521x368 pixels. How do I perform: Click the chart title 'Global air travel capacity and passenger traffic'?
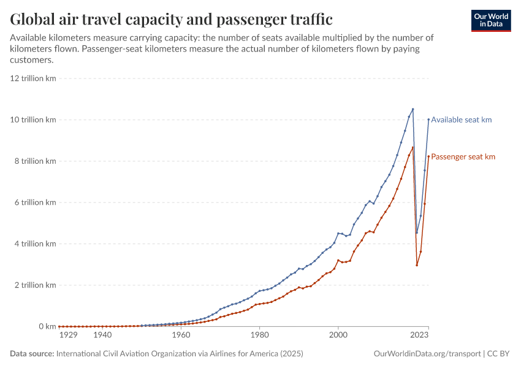click(x=172, y=20)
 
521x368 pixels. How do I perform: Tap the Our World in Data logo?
click(x=490, y=20)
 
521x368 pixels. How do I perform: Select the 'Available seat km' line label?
click(x=461, y=120)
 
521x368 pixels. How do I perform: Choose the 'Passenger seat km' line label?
click(x=463, y=157)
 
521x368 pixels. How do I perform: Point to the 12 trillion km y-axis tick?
click(x=34, y=79)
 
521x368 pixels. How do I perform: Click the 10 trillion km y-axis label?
click(x=34, y=120)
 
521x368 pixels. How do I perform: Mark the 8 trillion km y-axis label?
click(x=36, y=161)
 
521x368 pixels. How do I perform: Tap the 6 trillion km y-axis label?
click(x=36, y=202)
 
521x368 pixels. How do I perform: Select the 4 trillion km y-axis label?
click(x=36, y=244)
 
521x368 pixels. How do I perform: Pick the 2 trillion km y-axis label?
click(x=36, y=285)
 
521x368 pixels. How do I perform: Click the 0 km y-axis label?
click(x=47, y=326)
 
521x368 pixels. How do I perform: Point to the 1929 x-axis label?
click(x=68, y=335)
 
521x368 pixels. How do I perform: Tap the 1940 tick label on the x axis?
click(x=102, y=335)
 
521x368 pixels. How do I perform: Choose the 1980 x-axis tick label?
click(x=259, y=335)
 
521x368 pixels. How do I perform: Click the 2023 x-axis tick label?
click(x=419, y=335)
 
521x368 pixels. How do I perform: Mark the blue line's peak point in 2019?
click(x=413, y=109)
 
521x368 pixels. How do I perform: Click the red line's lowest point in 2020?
click(x=417, y=265)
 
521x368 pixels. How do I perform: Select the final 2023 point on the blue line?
click(x=428, y=120)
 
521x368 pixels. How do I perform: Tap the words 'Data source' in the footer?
click(x=31, y=354)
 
